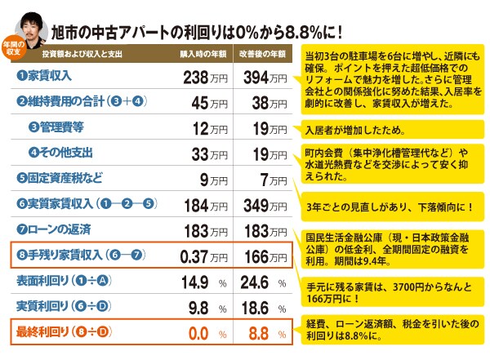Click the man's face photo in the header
point(32,29)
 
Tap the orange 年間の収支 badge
point(13,48)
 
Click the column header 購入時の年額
point(203,54)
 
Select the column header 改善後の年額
point(262,54)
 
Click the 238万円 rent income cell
point(205,78)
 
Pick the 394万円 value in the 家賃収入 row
point(265,78)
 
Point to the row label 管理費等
point(56,127)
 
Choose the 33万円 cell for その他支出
point(209,154)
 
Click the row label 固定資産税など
point(60,178)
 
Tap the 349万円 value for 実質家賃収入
point(265,206)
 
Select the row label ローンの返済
point(54,229)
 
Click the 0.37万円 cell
point(203,256)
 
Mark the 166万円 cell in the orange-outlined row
point(265,256)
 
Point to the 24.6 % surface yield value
point(263,282)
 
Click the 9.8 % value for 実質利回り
point(207,308)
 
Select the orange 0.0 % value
point(207,333)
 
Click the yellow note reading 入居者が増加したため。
point(393,130)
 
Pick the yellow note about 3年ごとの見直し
point(393,207)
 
